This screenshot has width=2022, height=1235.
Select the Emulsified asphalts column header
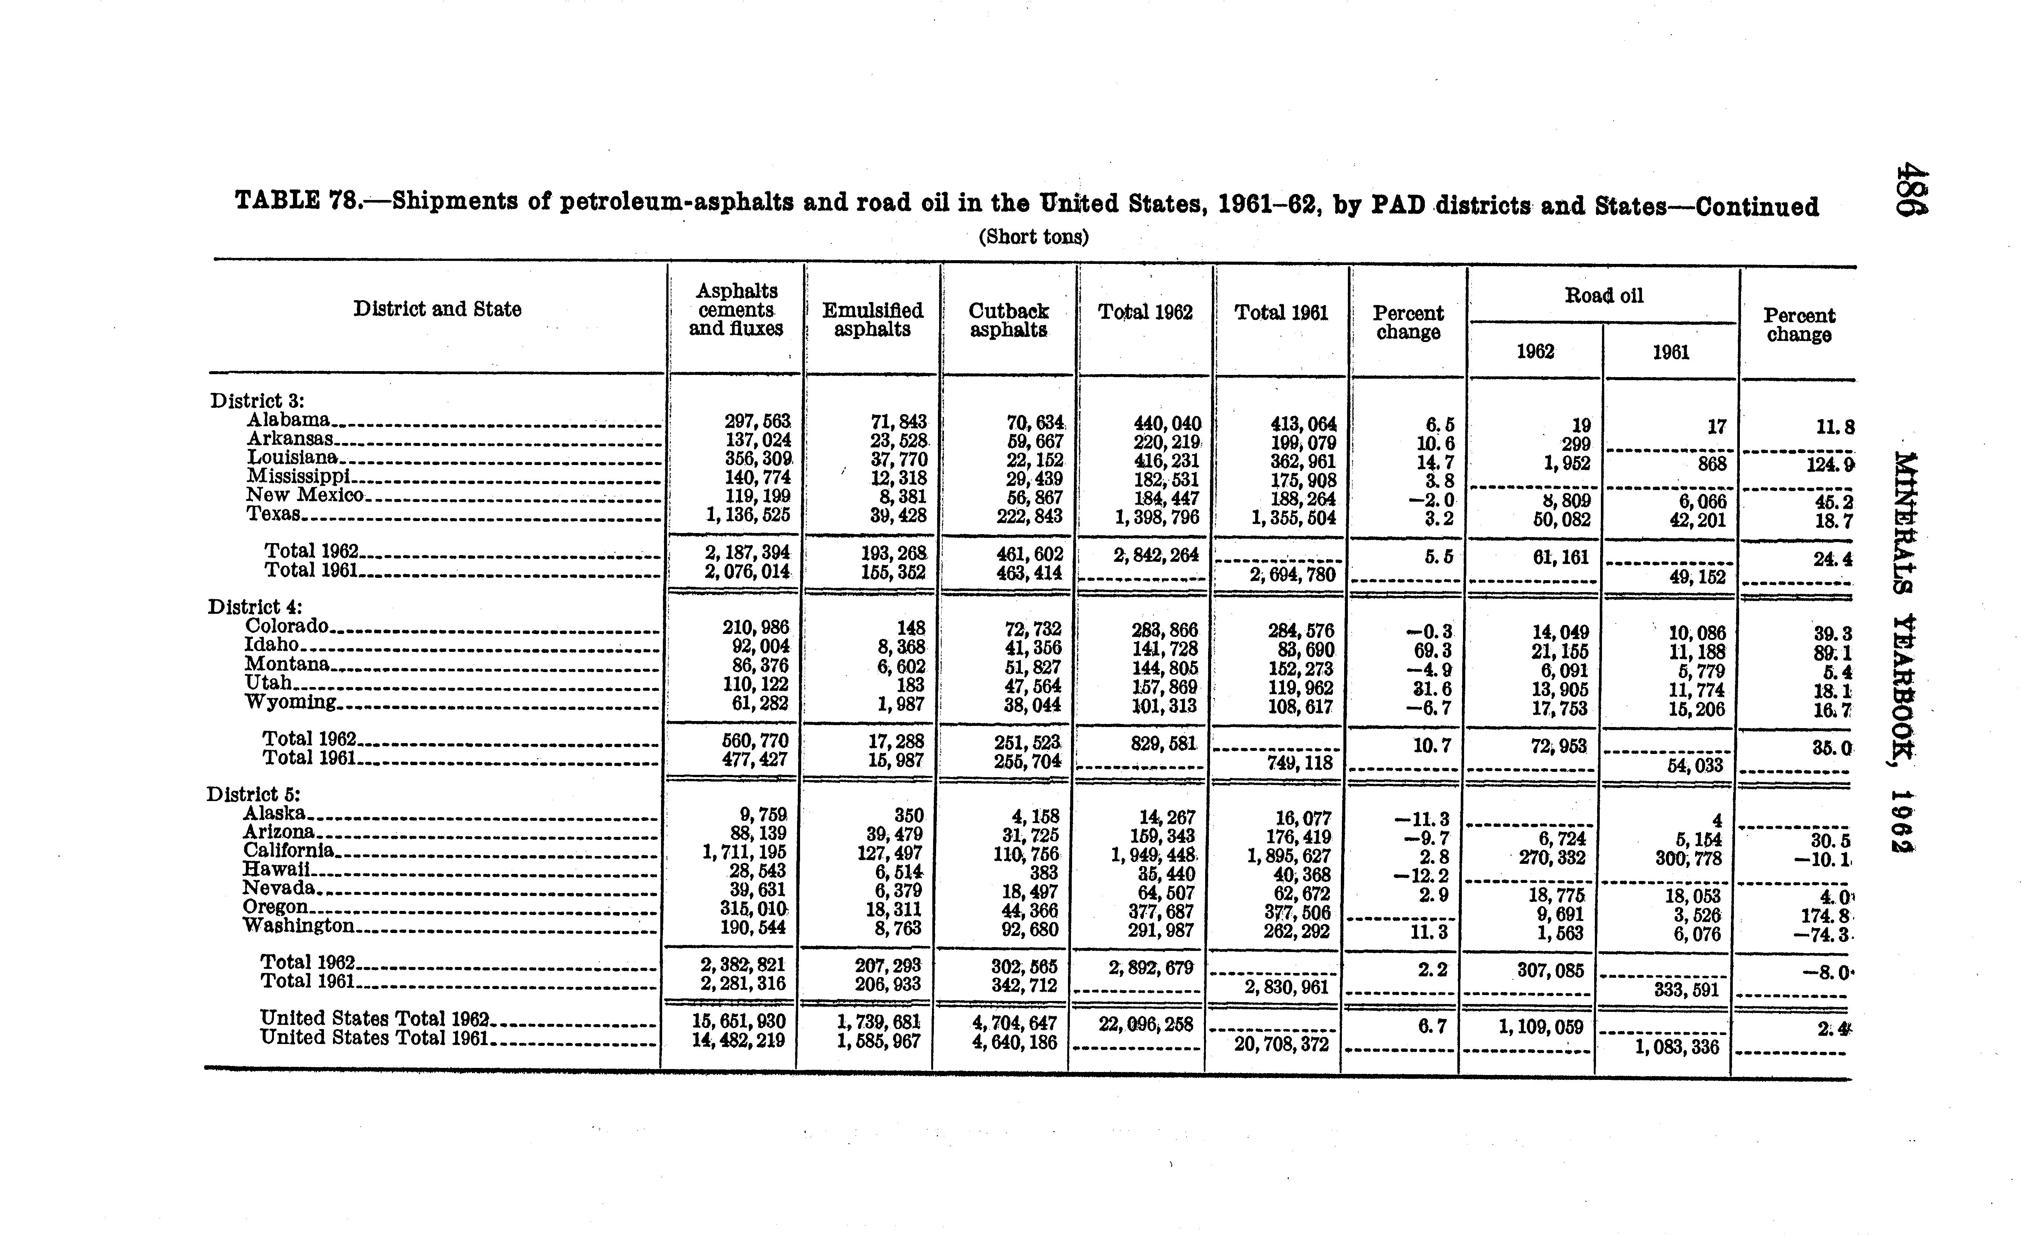[x=872, y=320]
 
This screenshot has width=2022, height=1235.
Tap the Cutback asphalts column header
[x=1009, y=320]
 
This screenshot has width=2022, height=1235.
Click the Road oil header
[x=1603, y=295]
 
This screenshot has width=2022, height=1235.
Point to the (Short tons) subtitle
[x=1033, y=237]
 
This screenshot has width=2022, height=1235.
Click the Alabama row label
[x=289, y=420]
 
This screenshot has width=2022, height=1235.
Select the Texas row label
[x=273, y=514]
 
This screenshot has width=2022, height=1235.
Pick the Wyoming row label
[x=290, y=702]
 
